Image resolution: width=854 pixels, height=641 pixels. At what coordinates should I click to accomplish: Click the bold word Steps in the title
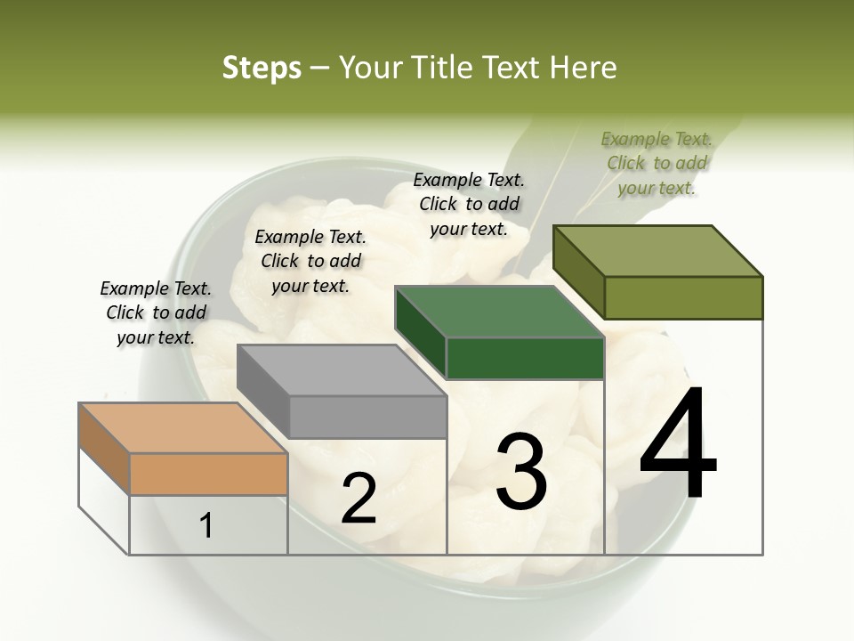pyautogui.click(x=262, y=68)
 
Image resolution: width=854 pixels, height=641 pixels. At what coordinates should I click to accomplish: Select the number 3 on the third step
pyautogui.click(x=521, y=472)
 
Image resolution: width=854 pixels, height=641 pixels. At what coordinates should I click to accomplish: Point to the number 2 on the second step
pyautogui.click(x=359, y=499)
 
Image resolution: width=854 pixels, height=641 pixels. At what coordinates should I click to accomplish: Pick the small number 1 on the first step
pyautogui.click(x=206, y=526)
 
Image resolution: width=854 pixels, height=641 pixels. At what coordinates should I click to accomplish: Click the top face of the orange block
pyautogui.click(x=182, y=428)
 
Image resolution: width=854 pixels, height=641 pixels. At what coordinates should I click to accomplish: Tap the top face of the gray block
pyautogui.click(x=341, y=369)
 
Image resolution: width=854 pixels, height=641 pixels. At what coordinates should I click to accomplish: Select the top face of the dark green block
pyautogui.click(x=499, y=312)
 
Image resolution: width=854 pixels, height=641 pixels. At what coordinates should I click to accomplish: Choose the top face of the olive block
pyautogui.click(x=657, y=251)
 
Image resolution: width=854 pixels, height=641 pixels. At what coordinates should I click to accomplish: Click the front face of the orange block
pyautogui.click(x=208, y=475)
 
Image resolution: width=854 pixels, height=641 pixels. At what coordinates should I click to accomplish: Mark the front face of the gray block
pyautogui.click(x=367, y=417)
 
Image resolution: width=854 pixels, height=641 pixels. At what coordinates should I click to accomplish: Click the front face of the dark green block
pyautogui.click(x=525, y=359)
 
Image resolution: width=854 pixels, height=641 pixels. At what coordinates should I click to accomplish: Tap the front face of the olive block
pyautogui.click(x=683, y=297)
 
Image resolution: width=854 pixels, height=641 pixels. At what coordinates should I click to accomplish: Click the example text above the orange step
pyautogui.click(x=156, y=312)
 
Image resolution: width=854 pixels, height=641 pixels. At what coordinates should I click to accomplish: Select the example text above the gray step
pyautogui.click(x=310, y=261)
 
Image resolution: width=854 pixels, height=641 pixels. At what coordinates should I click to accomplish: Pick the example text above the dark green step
pyautogui.click(x=469, y=204)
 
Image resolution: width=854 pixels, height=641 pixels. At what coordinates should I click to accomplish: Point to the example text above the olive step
pyautogui.click(x=657, y=163)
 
